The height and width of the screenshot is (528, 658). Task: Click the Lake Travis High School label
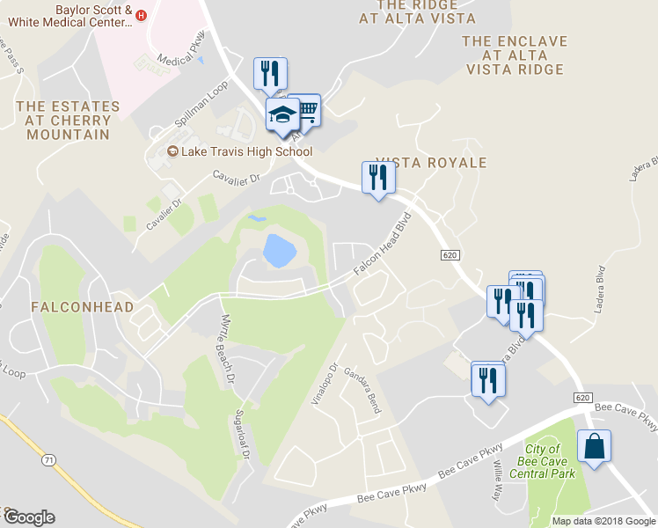[x=246, y=151]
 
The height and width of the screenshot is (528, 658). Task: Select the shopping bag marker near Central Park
[x=594, y=446]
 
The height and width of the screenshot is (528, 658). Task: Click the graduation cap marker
[x=282, y=116]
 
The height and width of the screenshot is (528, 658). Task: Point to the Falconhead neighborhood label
[x=82, y=307]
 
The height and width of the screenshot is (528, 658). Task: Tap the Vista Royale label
[x=431, y=164]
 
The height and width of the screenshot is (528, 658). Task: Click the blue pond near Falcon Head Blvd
[x=279, y=251]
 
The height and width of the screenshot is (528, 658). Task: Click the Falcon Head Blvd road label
[x=383, y=246]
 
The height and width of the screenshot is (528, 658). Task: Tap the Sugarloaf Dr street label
[x=243, y=436]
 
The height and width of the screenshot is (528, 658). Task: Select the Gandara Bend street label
[x=362, y=391]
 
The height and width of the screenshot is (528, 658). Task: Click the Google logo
[x=29, y=517]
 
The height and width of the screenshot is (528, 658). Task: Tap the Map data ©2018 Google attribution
[x=603, y=521]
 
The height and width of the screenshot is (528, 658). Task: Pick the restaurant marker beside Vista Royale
[x=378, y=178]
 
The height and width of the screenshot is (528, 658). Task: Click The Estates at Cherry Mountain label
[x=68, y=121]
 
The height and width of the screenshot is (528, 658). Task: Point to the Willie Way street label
[x=498, y=479]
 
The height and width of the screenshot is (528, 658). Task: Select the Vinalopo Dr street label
[x=324, y=384]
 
